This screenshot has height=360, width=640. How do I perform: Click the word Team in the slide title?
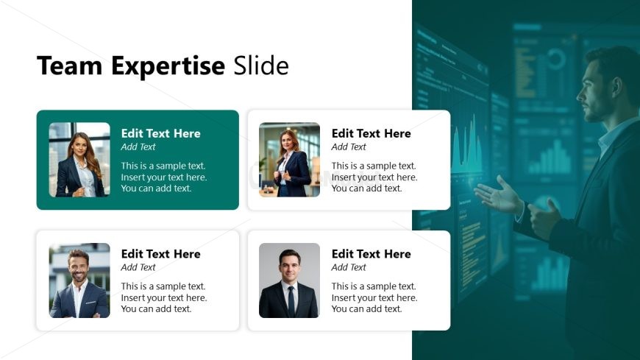[x=71, y=66]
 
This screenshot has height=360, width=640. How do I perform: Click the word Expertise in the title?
[x=168, y=67]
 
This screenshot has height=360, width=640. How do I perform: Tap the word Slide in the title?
[x=261, y=66]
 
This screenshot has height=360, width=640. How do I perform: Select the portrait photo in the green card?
[x=79, y=160]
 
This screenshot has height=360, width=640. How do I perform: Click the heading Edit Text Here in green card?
[x=160, y=133]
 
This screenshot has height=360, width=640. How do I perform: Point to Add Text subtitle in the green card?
[x=138, y=147]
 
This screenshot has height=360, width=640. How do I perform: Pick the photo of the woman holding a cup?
[x=289, y=160]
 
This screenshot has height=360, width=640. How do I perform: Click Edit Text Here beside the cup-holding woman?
[x=371, y=133]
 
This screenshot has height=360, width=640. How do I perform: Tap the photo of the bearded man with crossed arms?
[x=79, y=280]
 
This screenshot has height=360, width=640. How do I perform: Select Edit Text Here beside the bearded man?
[x=160, y=254]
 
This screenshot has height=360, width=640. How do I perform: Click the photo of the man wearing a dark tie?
[x=289, y=280]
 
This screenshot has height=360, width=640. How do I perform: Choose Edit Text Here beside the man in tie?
[x=371, y=254]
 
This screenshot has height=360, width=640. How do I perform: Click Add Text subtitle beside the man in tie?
[x=349, y=267]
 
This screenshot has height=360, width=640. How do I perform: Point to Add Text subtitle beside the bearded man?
[x=138, y=267]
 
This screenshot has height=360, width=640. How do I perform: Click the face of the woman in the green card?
[x=79, y=145]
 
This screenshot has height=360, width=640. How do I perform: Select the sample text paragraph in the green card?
[x=164, y=177]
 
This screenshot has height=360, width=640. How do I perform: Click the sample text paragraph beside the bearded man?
[x=164, y=297]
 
